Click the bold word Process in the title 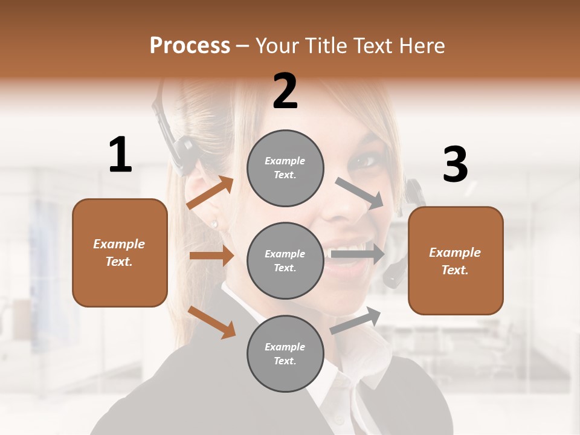pos(190,45)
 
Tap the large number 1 pos(120,155)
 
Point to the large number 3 pos(455,165)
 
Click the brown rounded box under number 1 pos(120,253)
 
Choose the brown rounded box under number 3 pos(456,261)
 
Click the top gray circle pos(285,168)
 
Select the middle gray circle pos(285,261)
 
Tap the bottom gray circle pos(285,354)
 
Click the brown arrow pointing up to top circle pos(210,193)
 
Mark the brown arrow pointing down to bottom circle pos(212,322)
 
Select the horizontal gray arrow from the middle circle pos(357,254)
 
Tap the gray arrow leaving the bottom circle pos(356,321)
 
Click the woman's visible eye pos(365,161)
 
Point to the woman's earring pos(214,224)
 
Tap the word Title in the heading pos(326,45)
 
